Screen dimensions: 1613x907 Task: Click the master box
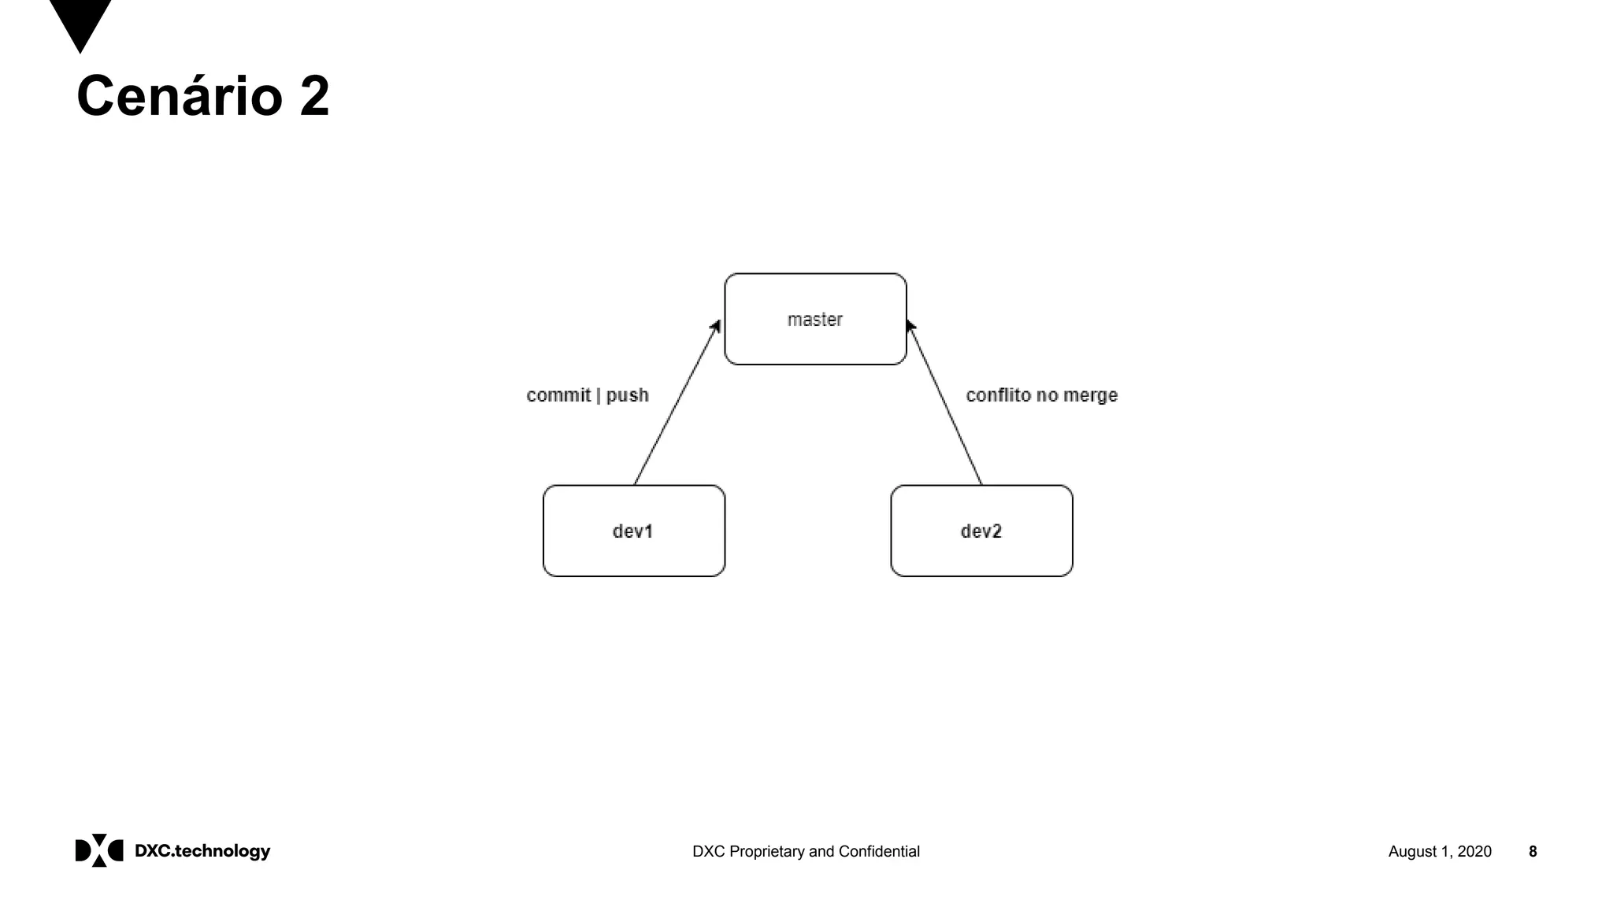(815, 319)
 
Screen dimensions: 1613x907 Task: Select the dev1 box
(633, 531)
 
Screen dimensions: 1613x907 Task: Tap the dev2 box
(981, 531)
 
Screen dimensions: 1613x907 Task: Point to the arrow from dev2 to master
(945, 404)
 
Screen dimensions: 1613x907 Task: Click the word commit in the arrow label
(558, 395)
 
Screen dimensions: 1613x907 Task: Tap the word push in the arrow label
(627, 395)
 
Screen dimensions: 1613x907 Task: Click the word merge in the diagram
(1091, 395)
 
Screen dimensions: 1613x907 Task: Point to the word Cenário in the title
(180, 96)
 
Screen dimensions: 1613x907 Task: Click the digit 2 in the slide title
(314, 96)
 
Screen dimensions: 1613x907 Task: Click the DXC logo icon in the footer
(99, 850)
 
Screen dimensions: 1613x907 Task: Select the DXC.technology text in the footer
(202, 851)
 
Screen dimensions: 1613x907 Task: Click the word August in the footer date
(1412, 851)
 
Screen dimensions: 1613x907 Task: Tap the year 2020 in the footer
(1474, 851)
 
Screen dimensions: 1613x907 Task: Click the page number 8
(1533, 851)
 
